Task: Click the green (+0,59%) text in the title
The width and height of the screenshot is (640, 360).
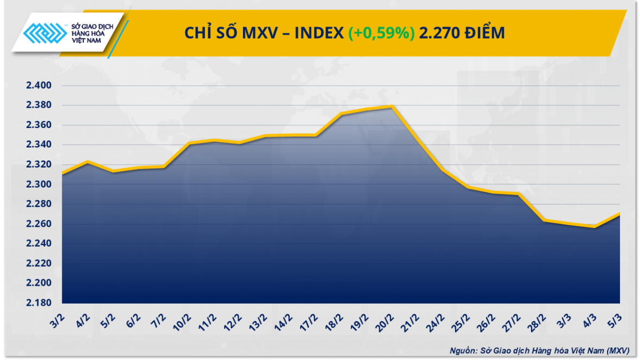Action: point(382,33)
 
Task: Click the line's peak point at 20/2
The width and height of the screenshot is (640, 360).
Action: point(392,106)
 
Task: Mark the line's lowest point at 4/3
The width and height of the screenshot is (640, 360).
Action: point(594,227)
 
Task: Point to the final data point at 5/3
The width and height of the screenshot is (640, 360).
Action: point(619,214)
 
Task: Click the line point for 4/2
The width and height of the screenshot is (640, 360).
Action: point(87,162)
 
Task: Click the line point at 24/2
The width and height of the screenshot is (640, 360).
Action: point(442,170)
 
